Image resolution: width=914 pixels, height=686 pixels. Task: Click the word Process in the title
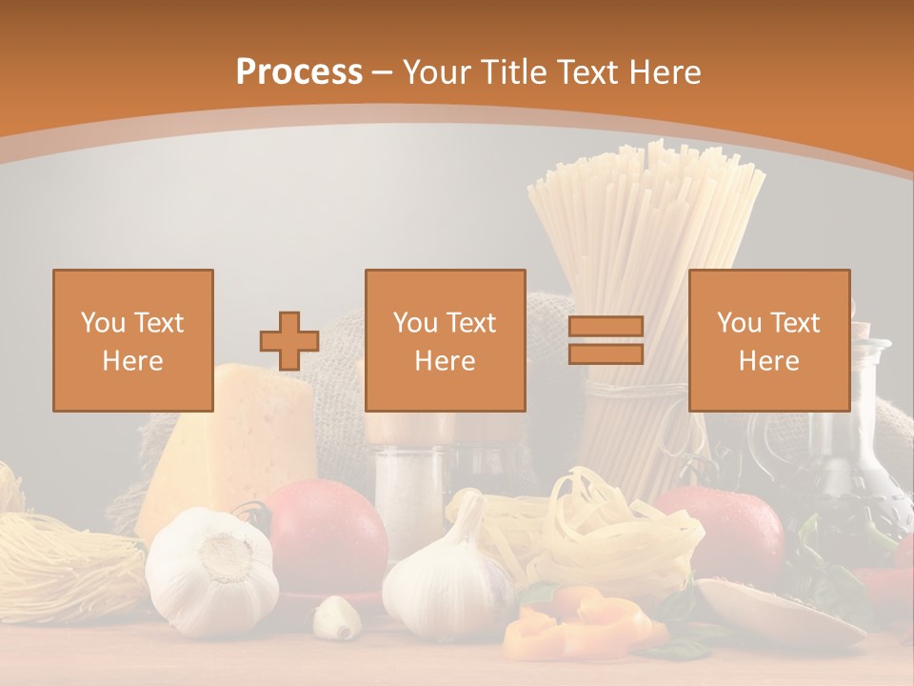point(299,71)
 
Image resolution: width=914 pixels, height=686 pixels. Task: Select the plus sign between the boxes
point(289,341)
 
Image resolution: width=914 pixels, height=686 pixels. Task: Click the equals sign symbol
point(606,341)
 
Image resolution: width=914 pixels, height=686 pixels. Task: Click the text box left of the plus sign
point(133,340)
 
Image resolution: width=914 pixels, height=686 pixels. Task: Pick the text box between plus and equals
point(446,340)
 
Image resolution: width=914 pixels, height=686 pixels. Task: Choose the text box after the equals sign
point(768,340)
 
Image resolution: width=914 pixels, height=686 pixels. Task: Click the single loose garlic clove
point(336,616)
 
